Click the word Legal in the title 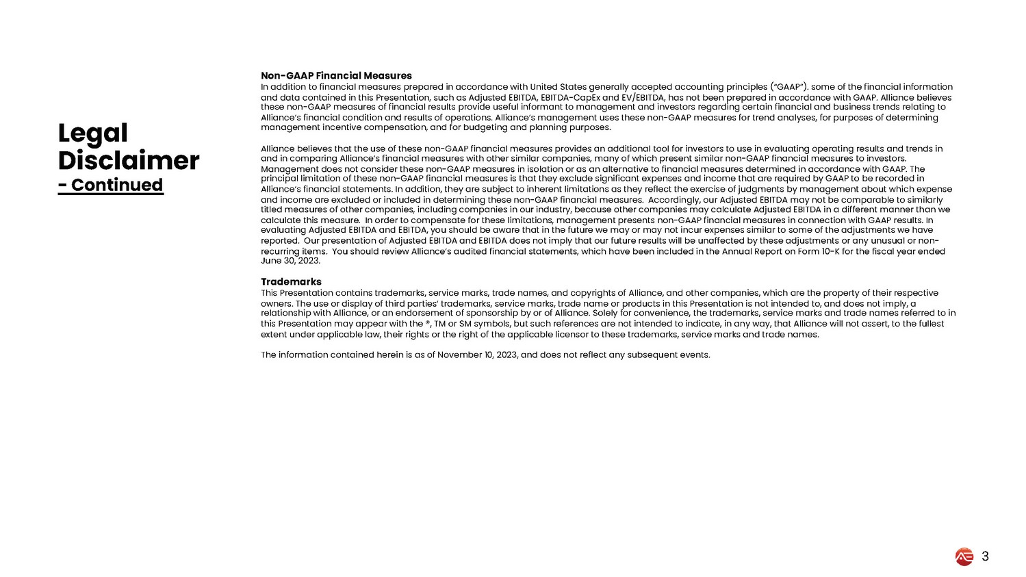[x=92, y=133]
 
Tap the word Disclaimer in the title [x=129, y=161]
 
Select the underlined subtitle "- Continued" [x=111, y=185]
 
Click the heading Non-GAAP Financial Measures [x=336, y=75]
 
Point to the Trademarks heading [x=291, y=281]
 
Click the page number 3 [x=985, y=556]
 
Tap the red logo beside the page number [x=964, y=557]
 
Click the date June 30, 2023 [x=290, y=261]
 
